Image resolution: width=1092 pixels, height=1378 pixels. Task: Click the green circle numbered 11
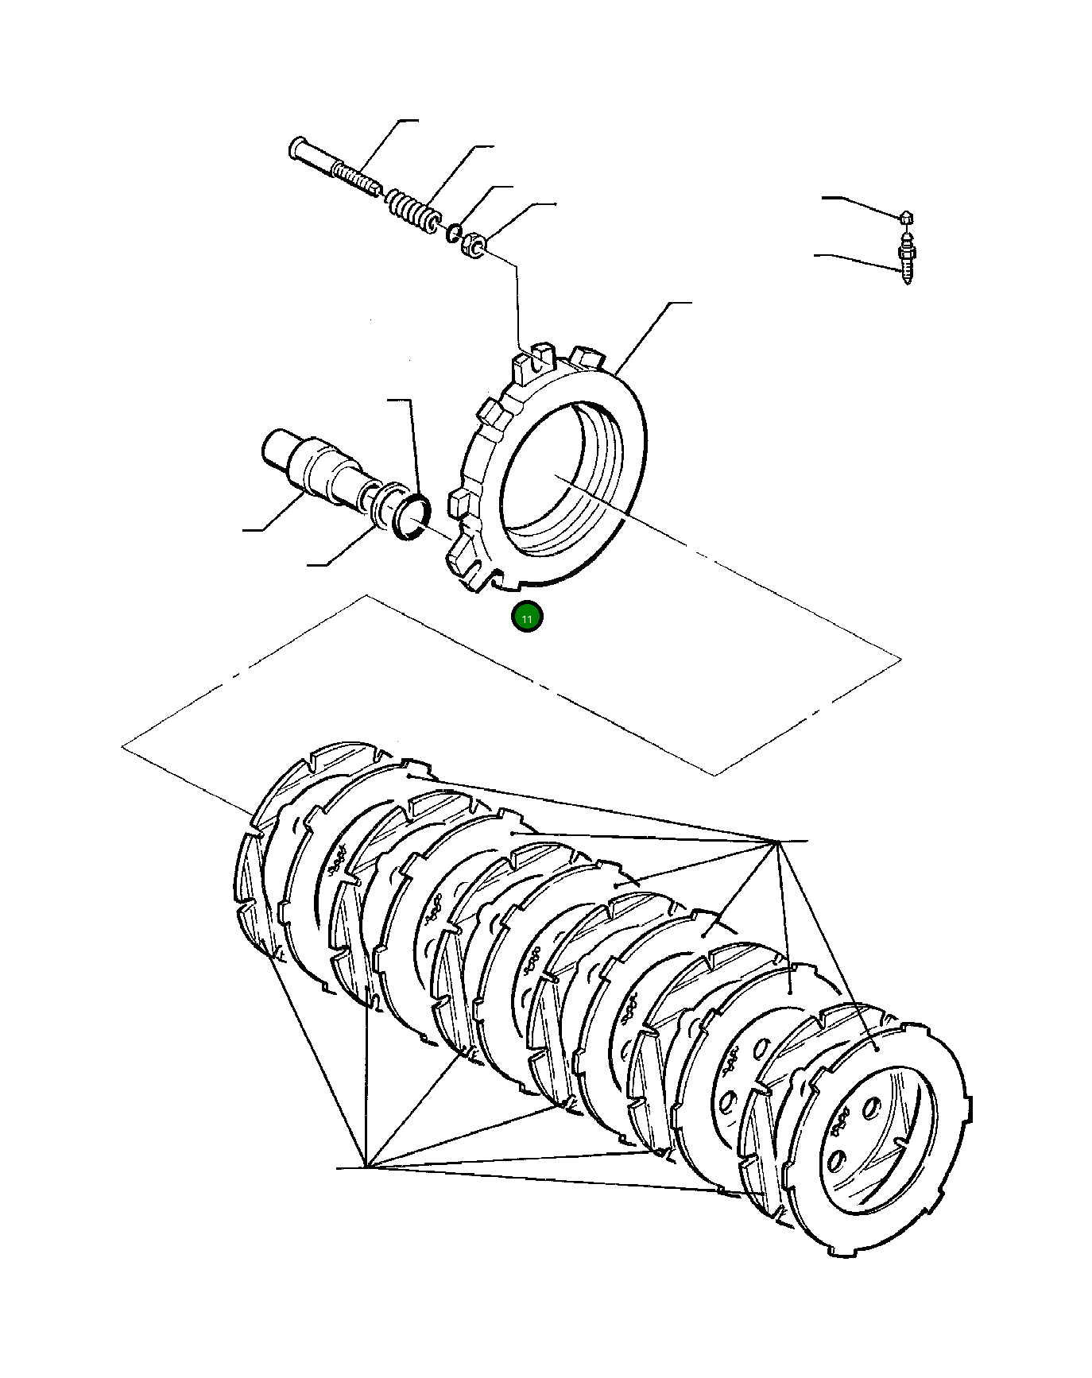[x=527, y=617]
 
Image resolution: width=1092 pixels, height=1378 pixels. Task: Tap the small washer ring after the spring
[x=453, y=233]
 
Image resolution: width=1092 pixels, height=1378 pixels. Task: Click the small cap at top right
[x=906, y=217]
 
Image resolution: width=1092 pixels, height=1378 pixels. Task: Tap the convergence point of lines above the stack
[x=775, y=841]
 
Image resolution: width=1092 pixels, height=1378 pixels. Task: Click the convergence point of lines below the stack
[x=365, y=1167]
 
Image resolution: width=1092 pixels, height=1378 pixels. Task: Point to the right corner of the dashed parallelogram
[x=901, y=659]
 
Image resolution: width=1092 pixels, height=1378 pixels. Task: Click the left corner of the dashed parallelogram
[x=122, y=746]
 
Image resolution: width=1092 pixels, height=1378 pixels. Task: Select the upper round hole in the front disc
[x=871, y=1106]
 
